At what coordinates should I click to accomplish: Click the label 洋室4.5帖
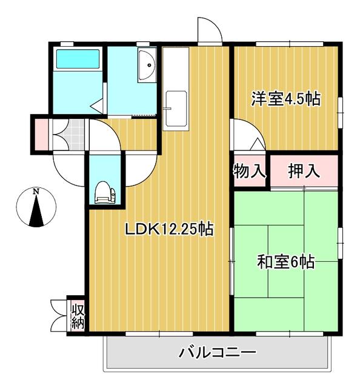coord(286,99)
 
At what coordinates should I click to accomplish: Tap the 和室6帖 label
coord(285,262)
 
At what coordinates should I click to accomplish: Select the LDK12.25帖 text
coord(168,230)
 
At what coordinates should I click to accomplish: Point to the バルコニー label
coord(218,352)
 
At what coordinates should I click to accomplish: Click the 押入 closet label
coord(303,171)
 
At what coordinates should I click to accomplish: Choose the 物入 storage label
coord(249,171)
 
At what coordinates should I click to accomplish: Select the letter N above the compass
coord(36,192)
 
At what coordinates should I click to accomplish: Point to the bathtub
coord(78,59)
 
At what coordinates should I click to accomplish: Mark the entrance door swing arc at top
coord(208,30)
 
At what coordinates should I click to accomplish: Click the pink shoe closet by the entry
coord(41,134)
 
